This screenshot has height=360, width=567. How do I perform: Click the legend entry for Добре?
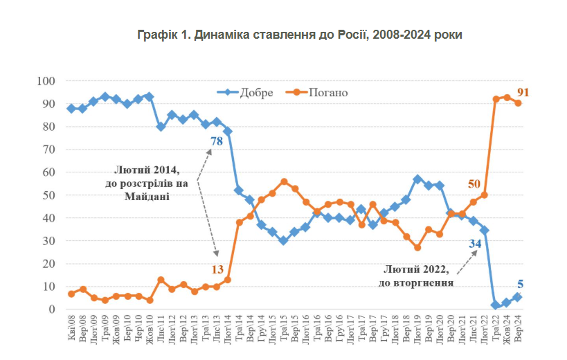(255, 92)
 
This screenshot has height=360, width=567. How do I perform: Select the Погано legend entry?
(328, 92)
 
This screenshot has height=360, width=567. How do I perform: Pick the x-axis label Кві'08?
(71, 330)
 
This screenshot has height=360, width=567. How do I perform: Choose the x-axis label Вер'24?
(517, 330)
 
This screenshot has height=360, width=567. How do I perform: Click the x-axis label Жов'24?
(506, 330)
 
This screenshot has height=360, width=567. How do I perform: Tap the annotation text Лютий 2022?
(416, 269)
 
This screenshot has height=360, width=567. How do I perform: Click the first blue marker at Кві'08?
(71, 109)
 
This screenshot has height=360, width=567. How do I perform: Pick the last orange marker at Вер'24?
(517, 103)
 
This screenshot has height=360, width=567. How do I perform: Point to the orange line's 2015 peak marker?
(284, 182)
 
